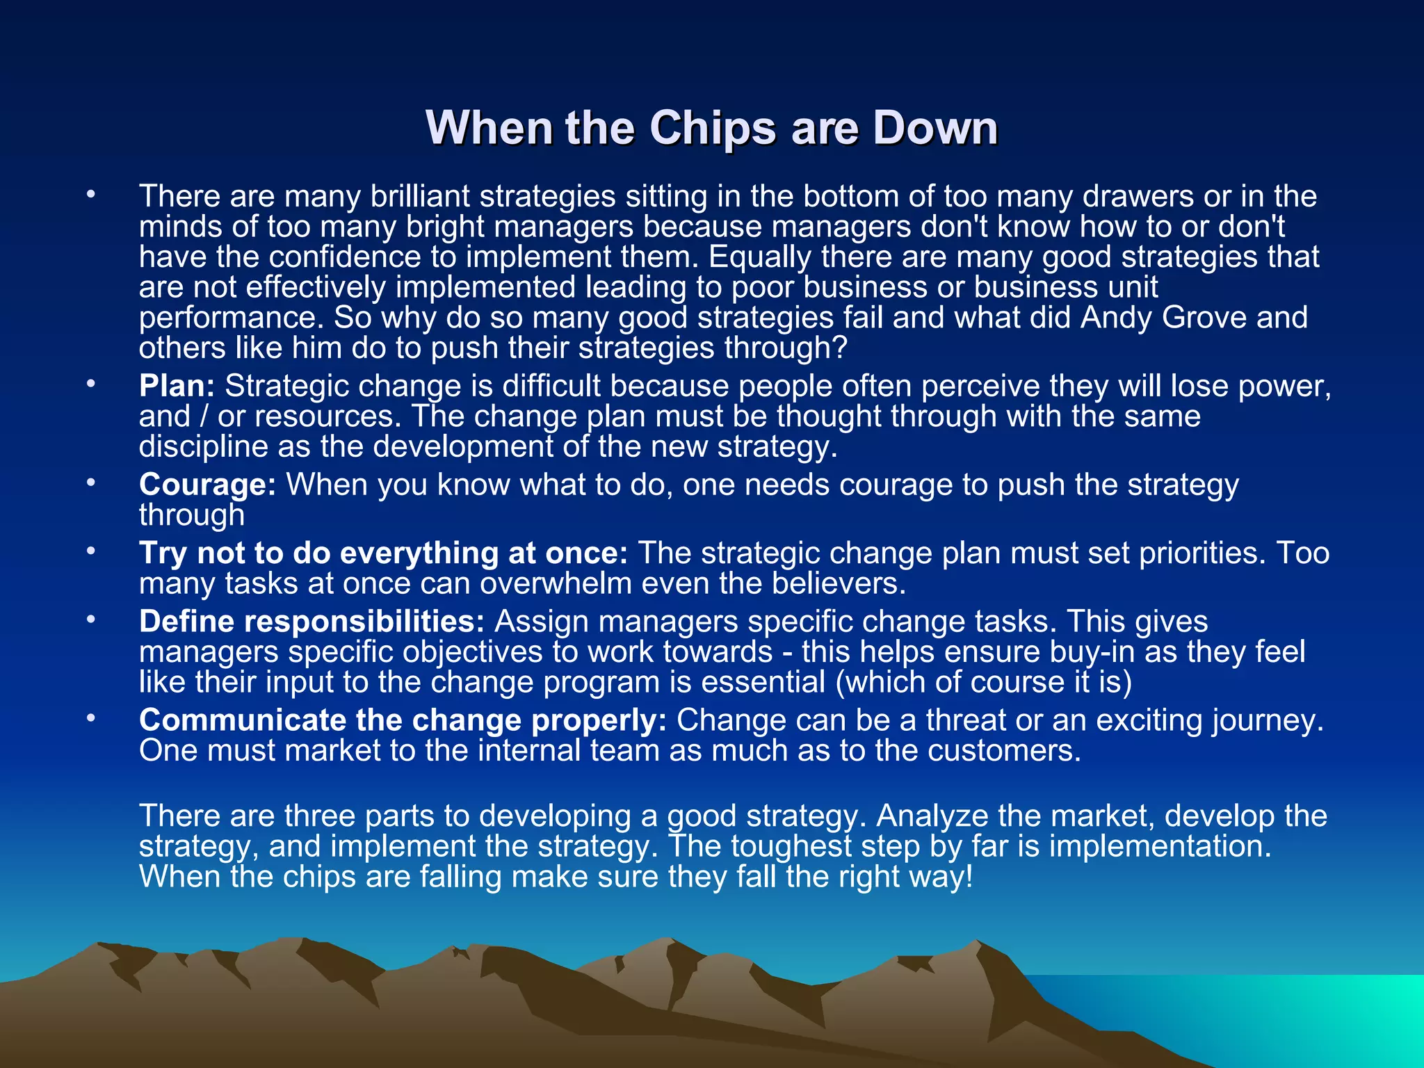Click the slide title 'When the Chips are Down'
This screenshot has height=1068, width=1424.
click(x=711, y=128)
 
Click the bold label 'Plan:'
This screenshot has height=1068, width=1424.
click(x=177, y=386)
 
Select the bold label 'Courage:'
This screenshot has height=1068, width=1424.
click(x=207, y=485)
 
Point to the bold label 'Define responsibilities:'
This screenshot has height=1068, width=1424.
click(x=311, y=622)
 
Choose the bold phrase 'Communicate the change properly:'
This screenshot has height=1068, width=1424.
click(x=403, y=720)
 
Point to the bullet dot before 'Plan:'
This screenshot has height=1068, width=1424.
click(x=90, y=384)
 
